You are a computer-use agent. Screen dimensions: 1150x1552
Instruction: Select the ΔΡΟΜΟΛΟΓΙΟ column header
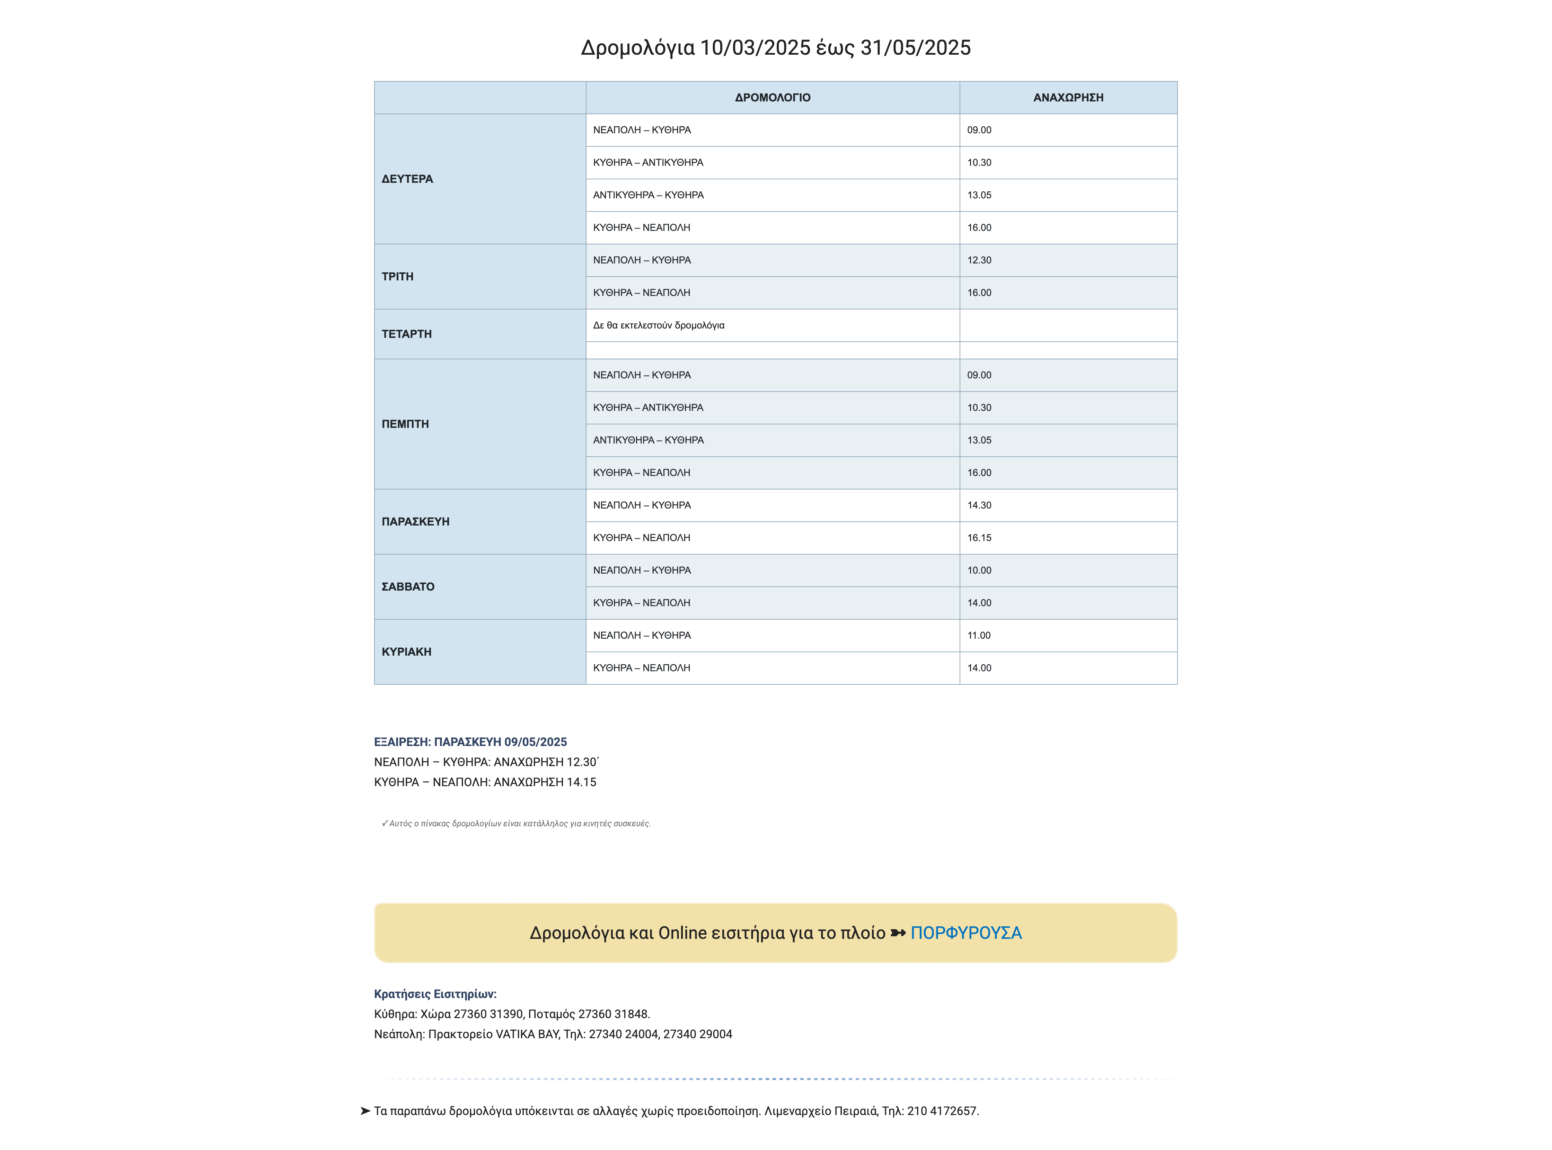773,98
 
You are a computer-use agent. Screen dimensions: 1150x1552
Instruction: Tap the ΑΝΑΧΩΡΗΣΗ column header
1068,98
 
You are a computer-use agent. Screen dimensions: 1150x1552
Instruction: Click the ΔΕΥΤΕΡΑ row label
407,179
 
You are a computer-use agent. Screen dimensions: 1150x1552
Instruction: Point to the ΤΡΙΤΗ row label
398,276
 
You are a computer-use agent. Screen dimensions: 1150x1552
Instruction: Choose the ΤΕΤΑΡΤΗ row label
407,334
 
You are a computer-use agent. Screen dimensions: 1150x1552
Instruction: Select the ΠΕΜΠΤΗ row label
405,424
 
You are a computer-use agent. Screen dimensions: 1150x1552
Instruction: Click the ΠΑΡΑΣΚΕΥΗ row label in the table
416,521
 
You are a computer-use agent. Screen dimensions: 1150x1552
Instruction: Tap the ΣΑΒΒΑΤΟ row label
408,587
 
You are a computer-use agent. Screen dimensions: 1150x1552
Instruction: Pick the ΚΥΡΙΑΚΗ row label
407,652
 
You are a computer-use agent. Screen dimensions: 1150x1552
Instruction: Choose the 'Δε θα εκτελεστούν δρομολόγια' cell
659,325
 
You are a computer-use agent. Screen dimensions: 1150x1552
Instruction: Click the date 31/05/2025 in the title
915,47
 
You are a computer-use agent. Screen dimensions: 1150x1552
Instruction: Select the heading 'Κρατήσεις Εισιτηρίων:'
435,994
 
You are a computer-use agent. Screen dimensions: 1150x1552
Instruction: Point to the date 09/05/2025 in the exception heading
536,742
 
